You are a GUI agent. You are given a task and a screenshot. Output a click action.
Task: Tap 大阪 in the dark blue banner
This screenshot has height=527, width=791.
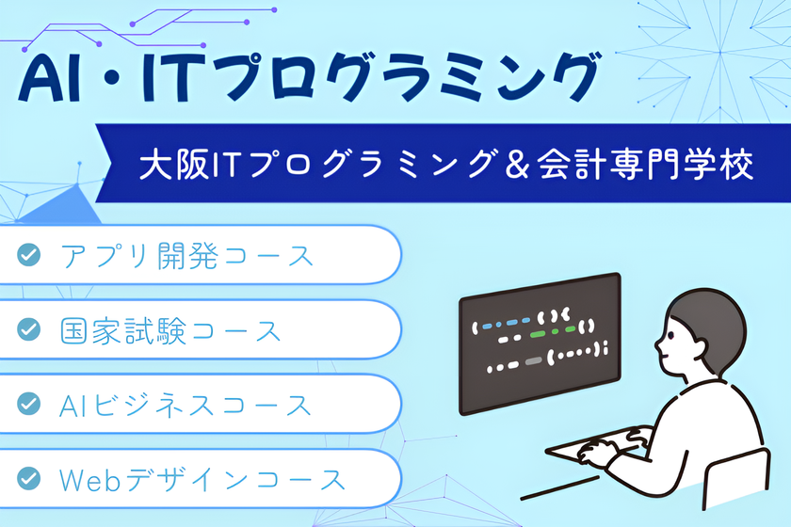coord(169,166)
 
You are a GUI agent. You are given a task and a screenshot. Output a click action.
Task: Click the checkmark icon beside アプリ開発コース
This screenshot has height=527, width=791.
coord(29,255)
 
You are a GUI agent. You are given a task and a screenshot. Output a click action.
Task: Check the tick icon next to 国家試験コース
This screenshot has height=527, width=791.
coord(29,329)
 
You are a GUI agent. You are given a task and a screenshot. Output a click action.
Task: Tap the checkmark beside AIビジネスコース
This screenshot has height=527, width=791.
coord(29,405)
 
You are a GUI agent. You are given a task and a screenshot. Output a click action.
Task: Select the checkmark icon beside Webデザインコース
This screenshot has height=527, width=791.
coord(29,479)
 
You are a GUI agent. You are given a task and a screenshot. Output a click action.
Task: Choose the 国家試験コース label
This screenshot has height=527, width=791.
coord(170,330)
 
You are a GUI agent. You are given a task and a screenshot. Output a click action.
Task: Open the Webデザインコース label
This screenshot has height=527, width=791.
coord(202,480)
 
